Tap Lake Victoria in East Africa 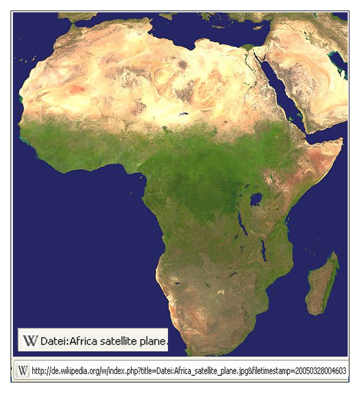pos(256,200)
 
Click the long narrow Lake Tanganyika pos(241,223)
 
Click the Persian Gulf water pos(337,58)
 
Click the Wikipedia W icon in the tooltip pos(29,340)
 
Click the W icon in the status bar pos(22,371)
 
